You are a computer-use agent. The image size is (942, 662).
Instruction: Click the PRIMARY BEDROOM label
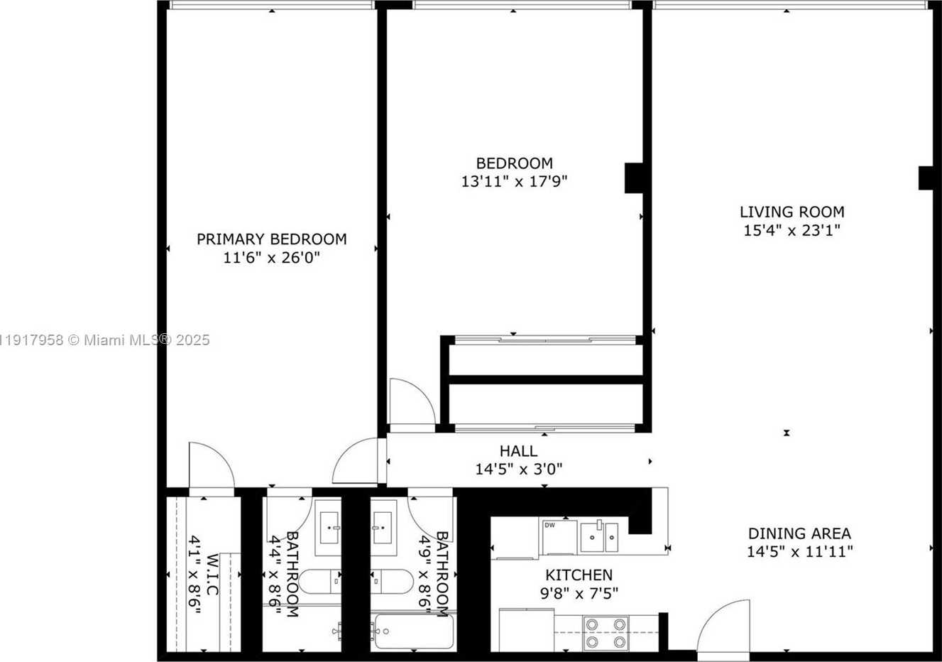(x=271, y=239)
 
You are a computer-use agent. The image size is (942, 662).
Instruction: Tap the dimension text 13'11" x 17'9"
(x=514, y=182)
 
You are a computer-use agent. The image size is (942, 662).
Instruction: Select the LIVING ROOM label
(x=792, y=212)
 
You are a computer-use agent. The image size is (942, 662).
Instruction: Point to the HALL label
(x=518, y=451)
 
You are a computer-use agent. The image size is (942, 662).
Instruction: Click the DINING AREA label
(x=799, y=533)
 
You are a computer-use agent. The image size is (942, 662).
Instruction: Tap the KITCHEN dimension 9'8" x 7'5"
(x=579, y=593)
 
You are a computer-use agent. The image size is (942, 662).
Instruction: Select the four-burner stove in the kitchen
(x=606, y=633)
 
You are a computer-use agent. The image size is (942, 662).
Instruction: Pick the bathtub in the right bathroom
(x=412, y=631)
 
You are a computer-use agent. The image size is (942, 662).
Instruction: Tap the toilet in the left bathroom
(x=320, y=582)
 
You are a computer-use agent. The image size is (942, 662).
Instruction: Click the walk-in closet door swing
(x=210, y=465)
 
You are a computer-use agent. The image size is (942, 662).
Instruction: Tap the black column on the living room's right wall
(x=926, y=178)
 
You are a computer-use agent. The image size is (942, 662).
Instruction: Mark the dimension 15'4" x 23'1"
(x=792, y=230)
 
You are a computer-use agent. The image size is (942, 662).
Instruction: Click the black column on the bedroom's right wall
(x=634, y=178)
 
